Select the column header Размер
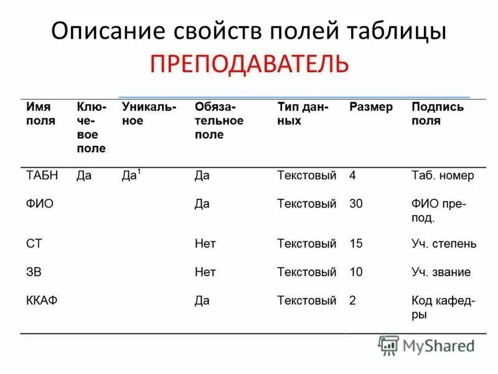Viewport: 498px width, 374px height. coord(370,107)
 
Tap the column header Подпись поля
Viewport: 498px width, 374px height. coord(437,114)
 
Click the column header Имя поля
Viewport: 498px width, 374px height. coord(40,114)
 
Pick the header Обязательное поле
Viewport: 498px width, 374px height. coord(218,121)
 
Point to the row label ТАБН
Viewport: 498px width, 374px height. coord(42,176)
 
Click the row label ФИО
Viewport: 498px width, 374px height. coord(39,204)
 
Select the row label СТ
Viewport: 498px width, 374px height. coord(34,244)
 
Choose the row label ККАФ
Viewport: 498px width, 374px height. coord(42,300)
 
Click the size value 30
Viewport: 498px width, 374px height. coord(356,204)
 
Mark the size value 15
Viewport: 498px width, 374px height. coord(356,244)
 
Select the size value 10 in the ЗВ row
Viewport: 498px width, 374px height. coord(356,272)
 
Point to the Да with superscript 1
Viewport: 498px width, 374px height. coord(130,175)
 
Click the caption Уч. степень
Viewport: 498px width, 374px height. coord(443,244)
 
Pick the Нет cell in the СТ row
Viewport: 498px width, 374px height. coord(205,244)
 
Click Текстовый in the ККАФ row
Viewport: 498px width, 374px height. coord(306,300)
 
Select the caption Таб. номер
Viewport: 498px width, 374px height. coord(442,176)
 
